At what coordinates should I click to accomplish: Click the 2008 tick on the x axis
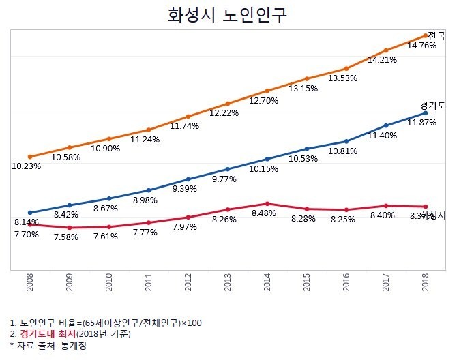point(30,283)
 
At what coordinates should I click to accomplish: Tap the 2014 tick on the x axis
point(267,283)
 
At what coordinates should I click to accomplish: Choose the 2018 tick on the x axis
point(426,283)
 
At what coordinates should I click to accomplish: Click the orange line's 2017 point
point(386,50)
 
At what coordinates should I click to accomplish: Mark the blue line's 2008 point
point(30,213)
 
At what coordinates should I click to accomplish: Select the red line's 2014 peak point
point(267,203)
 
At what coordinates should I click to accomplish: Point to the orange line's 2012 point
point(188,116)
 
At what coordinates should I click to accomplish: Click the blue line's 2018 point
point(426,112)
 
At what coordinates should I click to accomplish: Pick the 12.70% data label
point(267,101)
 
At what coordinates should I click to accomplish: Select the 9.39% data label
point(188,189)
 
